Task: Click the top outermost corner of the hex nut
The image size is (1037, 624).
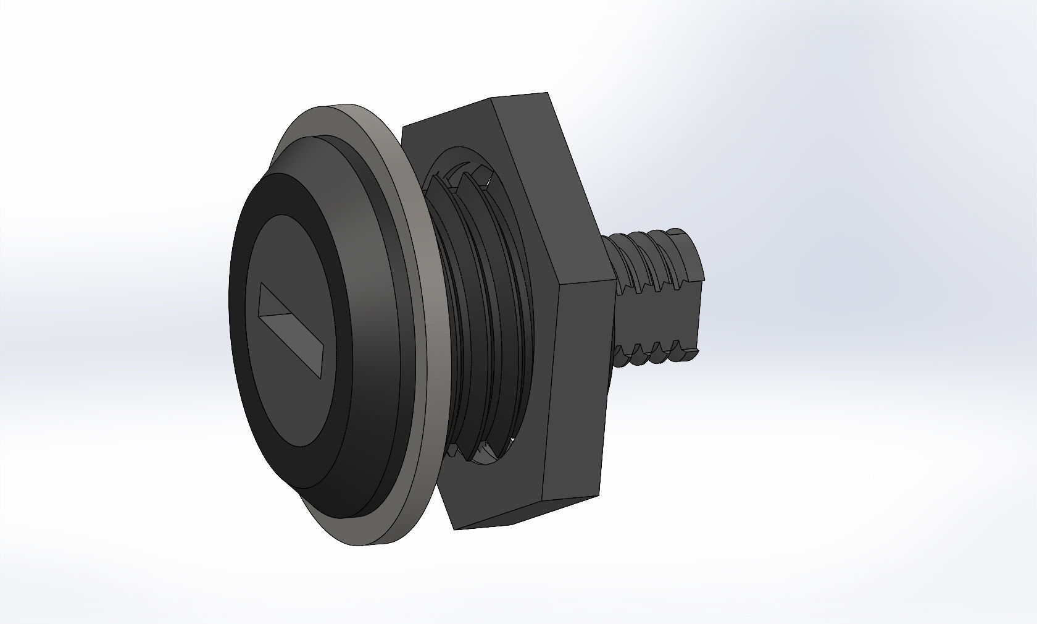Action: pos(548,94)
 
